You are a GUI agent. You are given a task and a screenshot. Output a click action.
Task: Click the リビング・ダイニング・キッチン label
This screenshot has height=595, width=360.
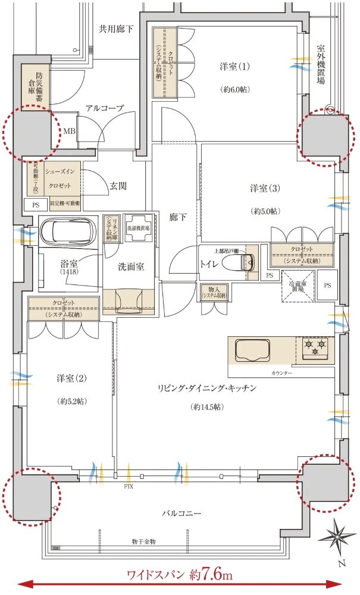[x=206, y=388]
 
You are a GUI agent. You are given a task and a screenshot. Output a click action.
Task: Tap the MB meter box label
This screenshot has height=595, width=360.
[x=69, y=131]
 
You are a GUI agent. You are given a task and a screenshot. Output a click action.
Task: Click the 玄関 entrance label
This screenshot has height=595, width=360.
[x=118, y=185]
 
